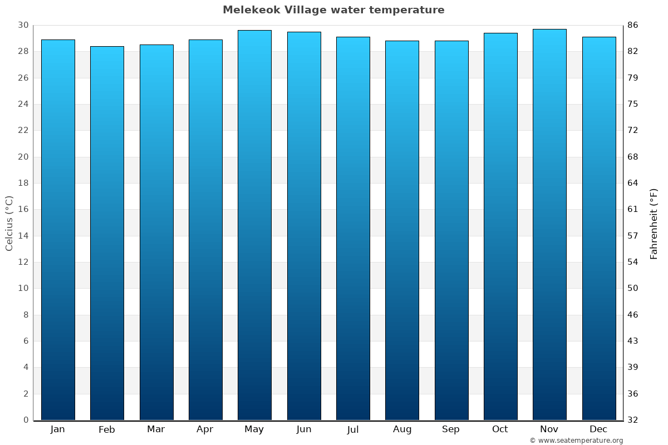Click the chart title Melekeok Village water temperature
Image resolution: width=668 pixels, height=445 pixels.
pyautogui.click(x=333, y=10)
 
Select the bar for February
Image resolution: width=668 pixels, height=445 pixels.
pyautogui.click(x=107, y=234)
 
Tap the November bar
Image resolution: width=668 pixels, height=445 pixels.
pyautogui.click(x=549, y=225)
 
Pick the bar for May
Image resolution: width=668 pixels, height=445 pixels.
pyautogui.click(x=254, y=225)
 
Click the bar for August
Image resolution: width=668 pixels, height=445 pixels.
pyautogui.click(x=402, y=230)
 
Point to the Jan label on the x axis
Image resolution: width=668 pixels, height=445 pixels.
pyautogui.click(x=57, y=429)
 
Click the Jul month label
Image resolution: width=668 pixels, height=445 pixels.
pyautogui.click(x=352, y=429)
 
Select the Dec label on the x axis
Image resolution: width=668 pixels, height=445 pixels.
pyautogui.click(x=598, y=429)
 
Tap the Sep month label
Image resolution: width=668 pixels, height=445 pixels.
pyautogui.click(x=451, y=429)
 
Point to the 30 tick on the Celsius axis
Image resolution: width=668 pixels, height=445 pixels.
pyautogui.click(x=23, y=26)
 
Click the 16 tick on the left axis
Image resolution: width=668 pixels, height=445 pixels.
pyautogui.click(x=23, y=210)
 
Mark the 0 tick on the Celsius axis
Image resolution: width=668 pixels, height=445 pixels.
pyautogui.click(x=26, y=420)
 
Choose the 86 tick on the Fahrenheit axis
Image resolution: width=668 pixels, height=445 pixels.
pyautogui.click(x=633, y=26)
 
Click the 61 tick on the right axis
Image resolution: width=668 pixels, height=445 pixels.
pyautogui.click(x=633, y=210)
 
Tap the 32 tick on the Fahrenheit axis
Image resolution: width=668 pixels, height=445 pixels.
pyautogui.click(x=633, y=420)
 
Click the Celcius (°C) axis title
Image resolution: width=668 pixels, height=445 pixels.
pyautogui.click(x=9, y=223)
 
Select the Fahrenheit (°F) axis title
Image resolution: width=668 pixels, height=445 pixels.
pyautogui.click(x=654, y=224)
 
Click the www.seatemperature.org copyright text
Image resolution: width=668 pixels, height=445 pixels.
pyautogui.click(x=576, y=441)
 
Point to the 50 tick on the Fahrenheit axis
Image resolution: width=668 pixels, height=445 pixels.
pyautogui.click(x=633, y=288)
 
